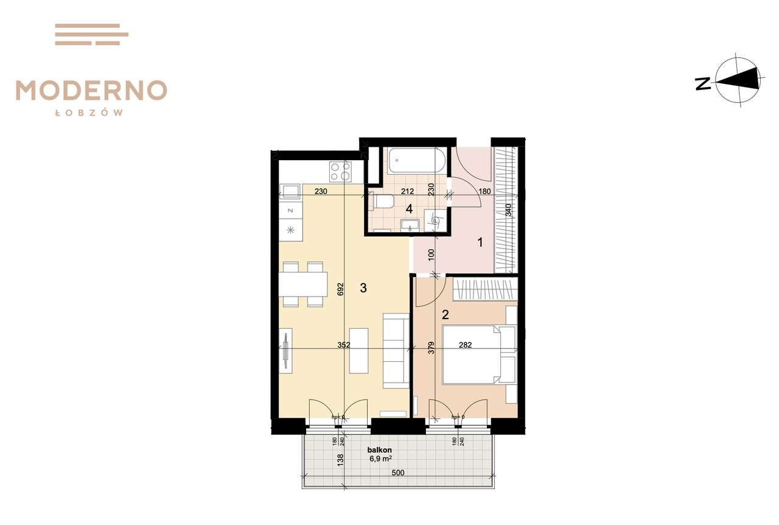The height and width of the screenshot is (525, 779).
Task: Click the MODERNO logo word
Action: click(x=91, y=90)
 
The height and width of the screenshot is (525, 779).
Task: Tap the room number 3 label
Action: click(x=363, y=289)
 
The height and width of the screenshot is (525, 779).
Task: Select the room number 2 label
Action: click(x=445, y=315)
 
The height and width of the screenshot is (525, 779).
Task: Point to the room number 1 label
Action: click(x=480, y=242)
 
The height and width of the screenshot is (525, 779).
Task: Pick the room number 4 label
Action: click(x=409, y=209)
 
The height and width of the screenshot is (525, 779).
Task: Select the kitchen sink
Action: click(x=290, y=192)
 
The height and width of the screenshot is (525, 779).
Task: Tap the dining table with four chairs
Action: click(x=303, y=284)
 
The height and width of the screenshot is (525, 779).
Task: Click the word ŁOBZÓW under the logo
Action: click(x=91, y=113)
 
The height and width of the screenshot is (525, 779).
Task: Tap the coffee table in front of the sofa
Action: click(x=358, y=350)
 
